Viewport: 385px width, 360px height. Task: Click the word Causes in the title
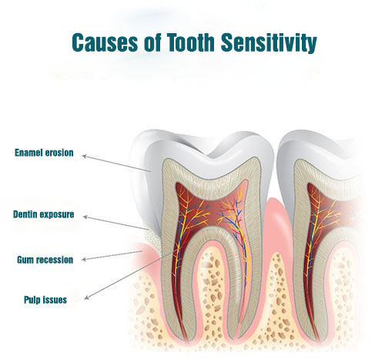pos(105,42)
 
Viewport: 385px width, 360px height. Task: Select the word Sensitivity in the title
pos(269,43)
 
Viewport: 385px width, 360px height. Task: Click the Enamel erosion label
pos(44,153)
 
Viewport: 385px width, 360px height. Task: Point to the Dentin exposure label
pos(44,214)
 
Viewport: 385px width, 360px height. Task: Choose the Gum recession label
pos(45,260)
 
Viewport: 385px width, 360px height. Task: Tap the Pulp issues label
pos(45,300)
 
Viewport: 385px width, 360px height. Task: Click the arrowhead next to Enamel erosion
pos(84,156)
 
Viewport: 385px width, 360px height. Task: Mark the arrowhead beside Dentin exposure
pos(85,217)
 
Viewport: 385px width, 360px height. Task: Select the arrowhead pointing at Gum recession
pos(84,260)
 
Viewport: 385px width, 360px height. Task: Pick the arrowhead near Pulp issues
pos(87,298)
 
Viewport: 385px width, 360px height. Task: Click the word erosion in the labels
pos(59,153)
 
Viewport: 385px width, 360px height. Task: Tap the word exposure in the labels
pos(56,214)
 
